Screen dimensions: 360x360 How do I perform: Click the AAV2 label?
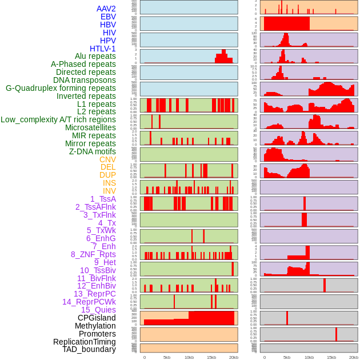106,9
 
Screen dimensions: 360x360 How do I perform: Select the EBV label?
108,17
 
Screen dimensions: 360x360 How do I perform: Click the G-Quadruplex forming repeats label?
61,88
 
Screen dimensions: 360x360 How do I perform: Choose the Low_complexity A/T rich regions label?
58,119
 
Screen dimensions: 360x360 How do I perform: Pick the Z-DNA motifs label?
92,151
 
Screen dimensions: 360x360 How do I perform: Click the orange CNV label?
107,159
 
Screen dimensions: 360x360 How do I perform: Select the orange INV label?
109,191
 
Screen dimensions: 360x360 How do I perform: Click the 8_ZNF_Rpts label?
93,254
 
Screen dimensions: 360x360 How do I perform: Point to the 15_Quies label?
98,310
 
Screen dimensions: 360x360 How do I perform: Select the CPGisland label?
97,318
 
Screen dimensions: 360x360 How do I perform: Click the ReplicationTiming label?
84,342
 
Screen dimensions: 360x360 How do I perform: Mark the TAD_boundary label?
89,349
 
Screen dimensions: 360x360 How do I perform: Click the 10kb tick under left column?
189,357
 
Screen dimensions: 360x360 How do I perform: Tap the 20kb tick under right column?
354,357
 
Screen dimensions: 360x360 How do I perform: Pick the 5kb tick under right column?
287,357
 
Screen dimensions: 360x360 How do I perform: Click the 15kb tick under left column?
211,357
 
